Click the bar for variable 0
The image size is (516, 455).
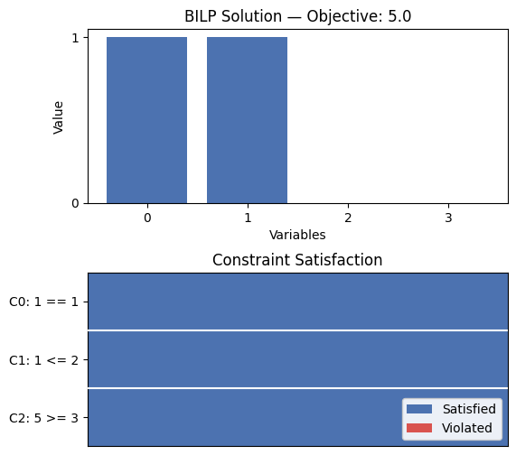pos(146,120)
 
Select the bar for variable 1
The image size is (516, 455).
pos(247,120)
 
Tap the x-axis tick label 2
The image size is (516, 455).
pos(348,218)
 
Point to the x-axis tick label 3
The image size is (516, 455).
pos(448,218)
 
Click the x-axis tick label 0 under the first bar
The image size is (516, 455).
pos(147,218)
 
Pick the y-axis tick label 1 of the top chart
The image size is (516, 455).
pos(75,38)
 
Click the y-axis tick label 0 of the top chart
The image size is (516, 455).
pos(75,203)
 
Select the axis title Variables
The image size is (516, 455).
pos(297,235)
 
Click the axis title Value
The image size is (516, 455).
pos(58,117)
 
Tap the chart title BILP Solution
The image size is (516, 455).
pos(233,16)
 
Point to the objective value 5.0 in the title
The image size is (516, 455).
pos(399,16)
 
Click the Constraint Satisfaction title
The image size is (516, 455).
pos(297,260)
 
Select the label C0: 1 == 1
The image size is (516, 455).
pos(43,302)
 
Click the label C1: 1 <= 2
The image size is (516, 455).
pos(43,360)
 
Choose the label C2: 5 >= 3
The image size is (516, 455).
pos(43,418)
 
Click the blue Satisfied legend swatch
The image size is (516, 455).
pos(419,409)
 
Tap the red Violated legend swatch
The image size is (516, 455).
pos(419,428)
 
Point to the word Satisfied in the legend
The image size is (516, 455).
pos(469,409)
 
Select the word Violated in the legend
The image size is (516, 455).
pos(467,428)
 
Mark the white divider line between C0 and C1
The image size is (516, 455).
pos(298,330)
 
